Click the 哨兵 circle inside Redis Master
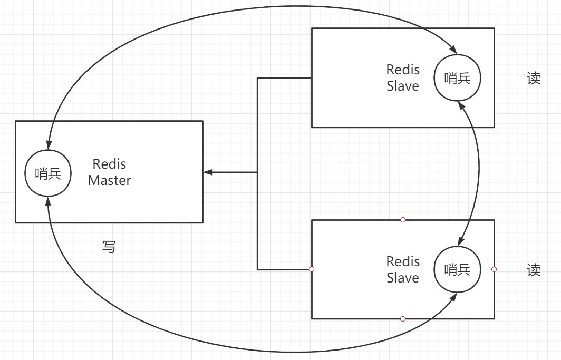point(48,173)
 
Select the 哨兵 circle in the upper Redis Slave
point(457,79)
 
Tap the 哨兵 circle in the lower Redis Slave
point(457,269)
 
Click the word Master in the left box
point(109,180)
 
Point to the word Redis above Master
point(109,164)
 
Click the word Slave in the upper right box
point(402,86)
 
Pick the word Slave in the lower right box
point(402,278)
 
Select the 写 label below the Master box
point(109,247)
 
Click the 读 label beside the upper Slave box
point(534,79)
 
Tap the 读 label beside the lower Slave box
point(534,270)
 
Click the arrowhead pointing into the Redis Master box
point(208,172)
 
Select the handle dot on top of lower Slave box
point(403,219)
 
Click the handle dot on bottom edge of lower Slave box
point(403,318)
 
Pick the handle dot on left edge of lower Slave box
point(312,269)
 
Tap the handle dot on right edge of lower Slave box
point(494,269)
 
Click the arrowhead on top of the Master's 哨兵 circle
point(48,145)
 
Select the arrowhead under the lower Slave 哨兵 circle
point(454,297)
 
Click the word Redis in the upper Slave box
point(403,70)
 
